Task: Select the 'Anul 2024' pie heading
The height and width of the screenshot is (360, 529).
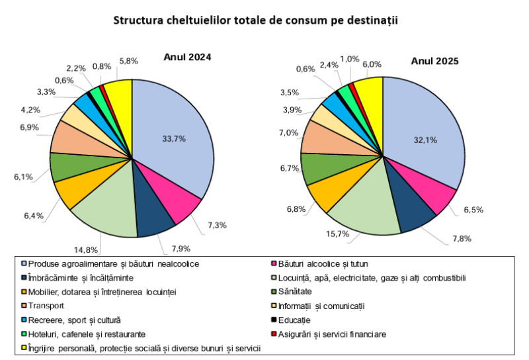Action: pyautogui.click(x=187, y=57)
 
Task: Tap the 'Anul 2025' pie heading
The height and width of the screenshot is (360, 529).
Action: pyautogui.click(x=434, y=61)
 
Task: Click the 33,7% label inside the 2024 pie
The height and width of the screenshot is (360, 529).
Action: pyautogui.click(x=174, y=139)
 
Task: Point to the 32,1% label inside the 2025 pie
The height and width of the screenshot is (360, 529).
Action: pyautogui.click(x=425, y=140)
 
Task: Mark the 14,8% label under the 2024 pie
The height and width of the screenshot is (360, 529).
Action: pyautogui.click(x=86, y=249)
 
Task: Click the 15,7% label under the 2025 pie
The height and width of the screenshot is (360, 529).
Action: pyautogui.click(x=337, y=234)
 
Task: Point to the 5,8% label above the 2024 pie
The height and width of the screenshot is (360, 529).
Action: pyautogui.click(x=128, y=61)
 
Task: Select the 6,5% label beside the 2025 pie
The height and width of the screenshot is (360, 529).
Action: pyautogui.click(x=473, y=210)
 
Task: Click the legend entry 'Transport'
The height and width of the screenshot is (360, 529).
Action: pyautogui.click(x=43, y=306)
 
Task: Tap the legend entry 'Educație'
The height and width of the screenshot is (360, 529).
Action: pyautogui.click(x=291, y=320)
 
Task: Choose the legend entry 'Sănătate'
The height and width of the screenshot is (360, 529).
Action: pyautogui.click(x=292, y=291)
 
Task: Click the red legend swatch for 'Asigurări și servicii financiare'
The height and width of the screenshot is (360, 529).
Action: pyautogui.click(x=274, y=334)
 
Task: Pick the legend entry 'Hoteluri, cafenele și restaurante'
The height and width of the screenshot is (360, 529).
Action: pyautogui.click(x=84, y=334)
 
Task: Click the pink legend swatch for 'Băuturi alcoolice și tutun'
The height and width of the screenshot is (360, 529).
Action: pyautogui.click(x=274, y=263)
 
